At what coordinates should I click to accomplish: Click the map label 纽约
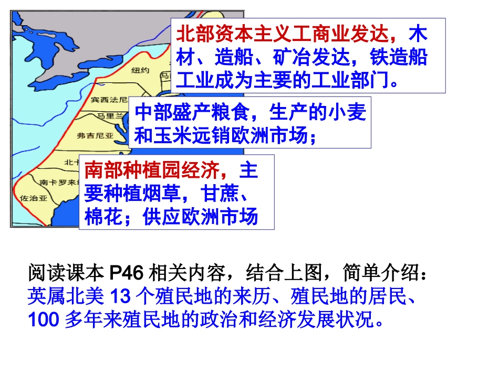click(140, 70)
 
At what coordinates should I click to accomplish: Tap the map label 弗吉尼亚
click(95, 135)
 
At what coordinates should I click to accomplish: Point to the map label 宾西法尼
click(108, 99)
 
